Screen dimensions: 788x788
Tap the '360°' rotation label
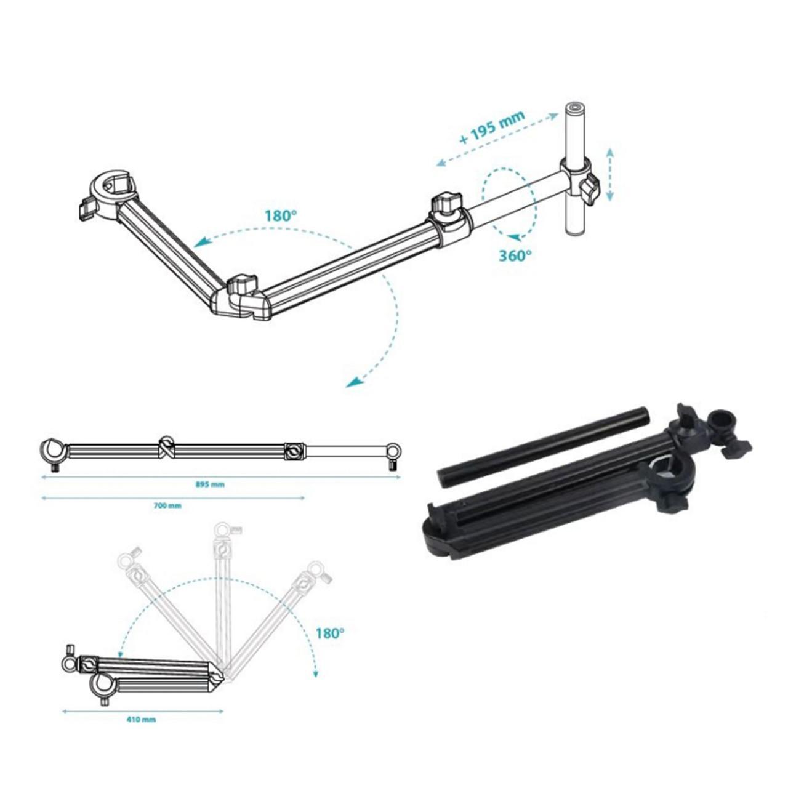pyautogui.click(x=515, y=255)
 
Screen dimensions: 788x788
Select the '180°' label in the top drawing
pyautogui.click(x=281, y=216)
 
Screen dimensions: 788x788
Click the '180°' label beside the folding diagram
pyautogui.click(x=329, y=633)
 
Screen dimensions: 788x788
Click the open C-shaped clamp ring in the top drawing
pyautogui.click(x=115, y=186)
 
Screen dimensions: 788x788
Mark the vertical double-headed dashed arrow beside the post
pyautogui.click(x=609, y=174)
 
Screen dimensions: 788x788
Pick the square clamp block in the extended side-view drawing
pyautogui.click(x=294, y=451)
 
